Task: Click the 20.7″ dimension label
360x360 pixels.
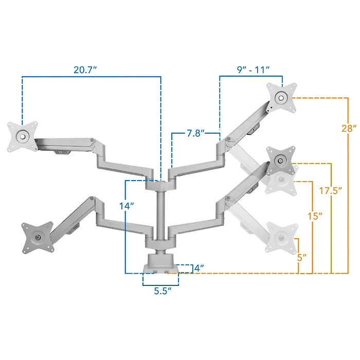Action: pyautogui.click(x=85, y=70)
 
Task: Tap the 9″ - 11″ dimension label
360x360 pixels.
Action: pyautogui.click(x=253, y=70)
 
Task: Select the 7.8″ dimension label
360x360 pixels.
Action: pyautogui.click(x=195, y=133)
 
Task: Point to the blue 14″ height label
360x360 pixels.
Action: pyautogui.click(x=127, y=206)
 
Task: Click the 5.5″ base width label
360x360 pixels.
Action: pyautogui.click(x=163, y=291)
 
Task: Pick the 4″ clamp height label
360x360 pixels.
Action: pyautogui.click(x=199, y=268)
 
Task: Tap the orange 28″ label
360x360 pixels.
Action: pyautogui.click(x=349, y=129)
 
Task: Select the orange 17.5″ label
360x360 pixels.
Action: pyautogui.click(x=331, y=191)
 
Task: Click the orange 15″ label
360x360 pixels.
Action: pyautogui.click(x=315, y=216)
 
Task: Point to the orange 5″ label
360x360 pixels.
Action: pyautogui.click(x=302, y=258)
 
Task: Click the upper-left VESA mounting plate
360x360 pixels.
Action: pyautogui.click(x=23, y=137)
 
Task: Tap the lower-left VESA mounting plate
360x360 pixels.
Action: pyautogui.click(x=38, y=238)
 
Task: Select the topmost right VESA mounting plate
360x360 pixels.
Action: pyautogui.click(x=281, y=98)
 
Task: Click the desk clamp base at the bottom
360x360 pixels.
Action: pyautogui.click(x=160, y=263)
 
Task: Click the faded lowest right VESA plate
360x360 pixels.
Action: pyautogui.click(x=281, y=238)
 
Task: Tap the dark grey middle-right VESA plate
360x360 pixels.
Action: pyautogui.click(x=281, y=160)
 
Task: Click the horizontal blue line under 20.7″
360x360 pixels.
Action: pyautogui.click(x=92, y=77)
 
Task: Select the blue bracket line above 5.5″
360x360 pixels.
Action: pyautogui.click(x=160, y=285)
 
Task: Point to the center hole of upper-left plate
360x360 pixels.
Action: pyautogui.click(x=23, y=137)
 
